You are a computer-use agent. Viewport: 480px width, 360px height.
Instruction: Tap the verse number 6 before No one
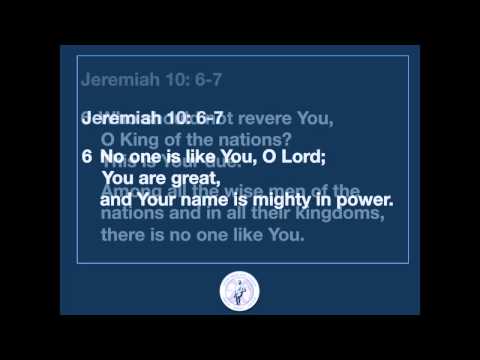(87, 158)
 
